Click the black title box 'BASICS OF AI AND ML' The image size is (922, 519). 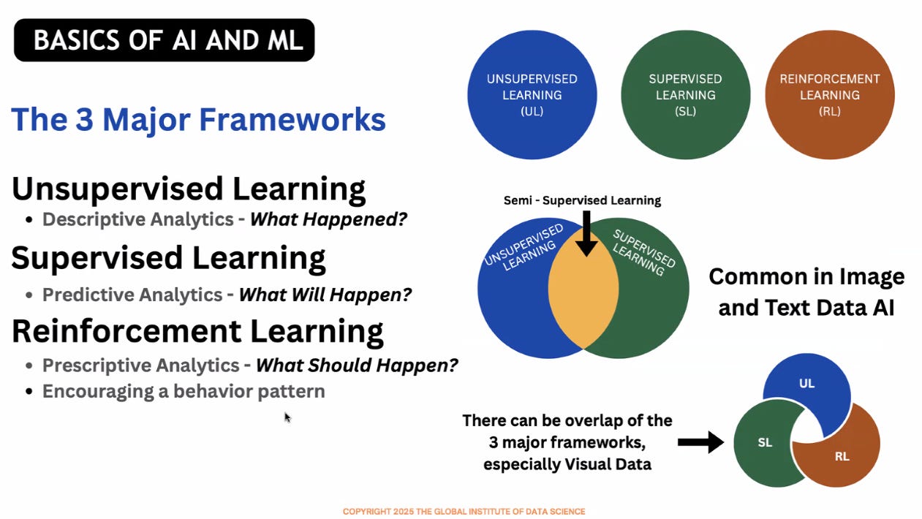pos(164,40)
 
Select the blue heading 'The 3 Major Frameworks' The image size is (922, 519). pos(198,119)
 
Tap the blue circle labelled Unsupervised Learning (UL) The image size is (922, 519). pos(532,95)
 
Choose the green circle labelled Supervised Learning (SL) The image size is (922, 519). pos(685,95)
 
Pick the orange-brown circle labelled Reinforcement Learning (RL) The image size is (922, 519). pos(830,95)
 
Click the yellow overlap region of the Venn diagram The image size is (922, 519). pos(583,292)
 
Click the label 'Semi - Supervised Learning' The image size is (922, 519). pos(582,200)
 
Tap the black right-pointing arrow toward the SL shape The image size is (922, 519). pos(700,442)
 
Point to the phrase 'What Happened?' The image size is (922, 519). pos(328,219)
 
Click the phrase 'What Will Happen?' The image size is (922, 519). pos(325,295)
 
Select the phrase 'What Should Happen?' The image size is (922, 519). pos(356,365)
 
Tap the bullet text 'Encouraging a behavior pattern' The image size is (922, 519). pos(183,391)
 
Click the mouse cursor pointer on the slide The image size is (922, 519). pos(287,417)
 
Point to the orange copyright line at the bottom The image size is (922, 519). pos(464,512)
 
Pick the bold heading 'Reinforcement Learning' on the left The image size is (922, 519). pos(197,331)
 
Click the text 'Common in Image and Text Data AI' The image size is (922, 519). pos(806,292)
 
